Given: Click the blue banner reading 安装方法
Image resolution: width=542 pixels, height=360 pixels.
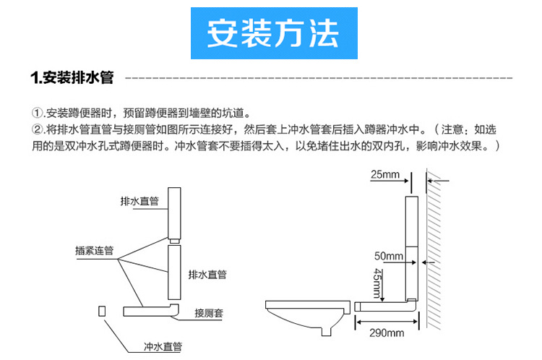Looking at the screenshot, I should (271, 34).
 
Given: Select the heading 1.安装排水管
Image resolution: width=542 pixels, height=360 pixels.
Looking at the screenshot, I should (71, 77).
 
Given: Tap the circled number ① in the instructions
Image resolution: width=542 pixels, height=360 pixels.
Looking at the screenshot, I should (37, 113).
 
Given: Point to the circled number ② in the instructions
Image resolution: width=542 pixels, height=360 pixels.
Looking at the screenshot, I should (37, 130).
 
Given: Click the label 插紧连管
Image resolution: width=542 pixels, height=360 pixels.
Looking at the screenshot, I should (94, 251).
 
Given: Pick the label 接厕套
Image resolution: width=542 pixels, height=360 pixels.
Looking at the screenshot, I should (208, 313).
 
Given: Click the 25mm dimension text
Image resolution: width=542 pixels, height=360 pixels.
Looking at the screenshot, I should (385, 174).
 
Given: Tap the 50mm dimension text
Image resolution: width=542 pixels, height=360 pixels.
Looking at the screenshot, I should (389, 257).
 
